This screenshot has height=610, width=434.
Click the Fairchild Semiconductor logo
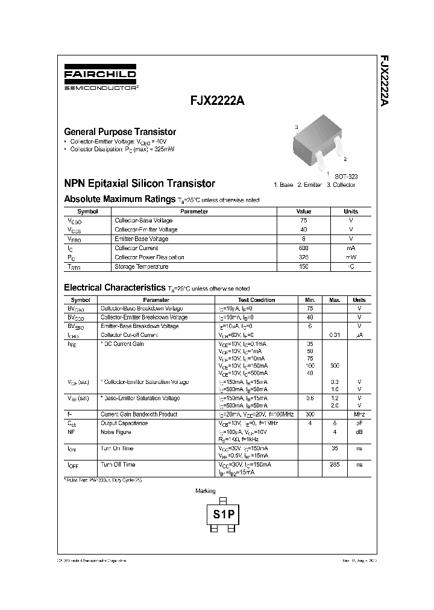click(x=100, y=79)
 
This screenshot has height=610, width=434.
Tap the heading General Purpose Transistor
click(x=120, y=131)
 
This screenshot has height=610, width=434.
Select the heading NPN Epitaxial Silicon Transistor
click(x=139, y=183)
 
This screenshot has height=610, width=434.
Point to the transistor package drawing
click(x=318, y=142)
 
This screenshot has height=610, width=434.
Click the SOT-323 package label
click(x=346, y=176)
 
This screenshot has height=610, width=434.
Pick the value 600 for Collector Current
click(x=303, y=248)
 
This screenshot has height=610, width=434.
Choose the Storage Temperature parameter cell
click(x=142, y=266)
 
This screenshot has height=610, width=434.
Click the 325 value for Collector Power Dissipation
click(x=303, y=257)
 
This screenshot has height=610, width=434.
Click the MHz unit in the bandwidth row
click(x=359, y=415)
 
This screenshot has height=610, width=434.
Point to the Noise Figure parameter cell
click(x=116, y=432)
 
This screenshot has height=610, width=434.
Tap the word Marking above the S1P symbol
click(x=206, y=491)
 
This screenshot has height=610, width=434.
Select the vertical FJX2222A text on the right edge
click(x=384, y=81)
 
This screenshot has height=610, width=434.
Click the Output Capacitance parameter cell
click(x=124, y=423)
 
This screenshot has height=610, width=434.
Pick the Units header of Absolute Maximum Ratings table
click(x=351, y=212)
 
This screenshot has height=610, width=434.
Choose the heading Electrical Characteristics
click(x=115, y=288)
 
